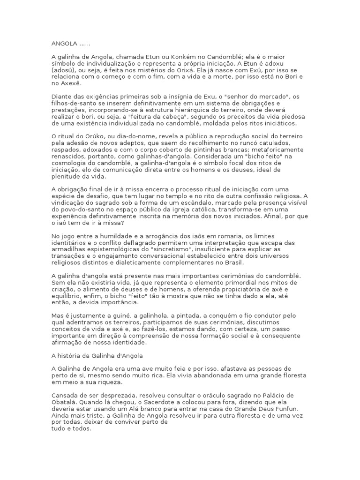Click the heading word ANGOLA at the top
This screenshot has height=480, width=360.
(x=62, y=44)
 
